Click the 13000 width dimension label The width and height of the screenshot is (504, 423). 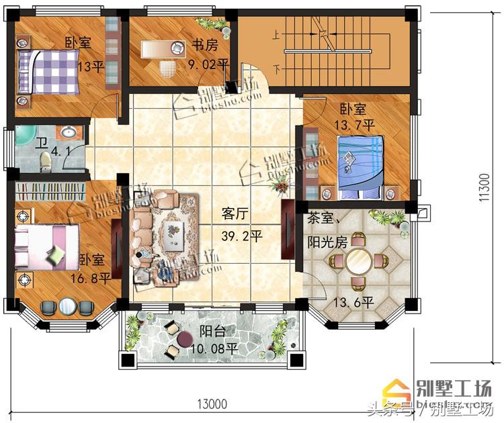click(x=211, y=404)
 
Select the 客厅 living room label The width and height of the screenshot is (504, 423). click(x=235, y=214)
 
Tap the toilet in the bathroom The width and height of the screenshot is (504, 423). click(x=46, y=161)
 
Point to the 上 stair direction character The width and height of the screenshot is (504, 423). click(x=275, y=39)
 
